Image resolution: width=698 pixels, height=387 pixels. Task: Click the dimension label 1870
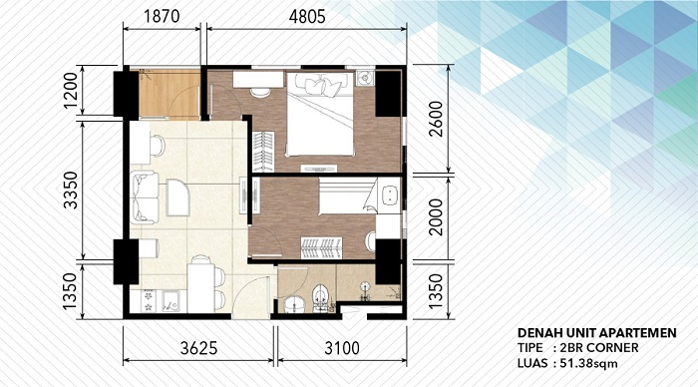coord(163,16)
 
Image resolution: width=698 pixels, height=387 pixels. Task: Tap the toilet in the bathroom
coord(319,297)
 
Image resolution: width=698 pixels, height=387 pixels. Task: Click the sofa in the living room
coord(144,195)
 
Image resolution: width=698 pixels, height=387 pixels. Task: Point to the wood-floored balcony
coord(165,92)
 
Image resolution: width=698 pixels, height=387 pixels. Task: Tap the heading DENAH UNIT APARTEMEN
coord(597,332)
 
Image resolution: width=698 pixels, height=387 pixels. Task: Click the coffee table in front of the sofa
coord(177,196)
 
